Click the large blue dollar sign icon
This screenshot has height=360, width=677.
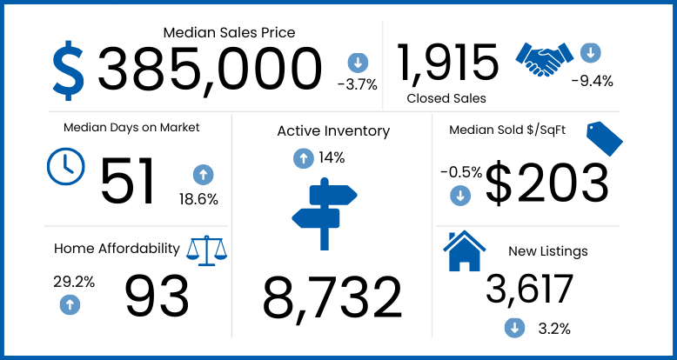pos(69,70)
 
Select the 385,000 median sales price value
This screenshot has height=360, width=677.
pos(210,70)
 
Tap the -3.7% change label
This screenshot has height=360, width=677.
pos(357,84)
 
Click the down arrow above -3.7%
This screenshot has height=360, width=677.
pos(357,63)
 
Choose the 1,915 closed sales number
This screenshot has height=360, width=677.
pos(448,63)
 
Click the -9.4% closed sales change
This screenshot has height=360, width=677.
pos(592,81)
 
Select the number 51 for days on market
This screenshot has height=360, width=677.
pos(128,181)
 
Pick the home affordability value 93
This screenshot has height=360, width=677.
pos(157,297)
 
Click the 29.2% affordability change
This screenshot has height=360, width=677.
pos(74,282)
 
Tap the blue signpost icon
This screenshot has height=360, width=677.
pos(324,214)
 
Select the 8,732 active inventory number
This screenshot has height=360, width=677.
pos(332,297)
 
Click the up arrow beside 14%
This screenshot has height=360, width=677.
pos(303,158)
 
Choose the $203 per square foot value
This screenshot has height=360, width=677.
pos(546,183)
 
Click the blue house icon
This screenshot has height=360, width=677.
pos(465,251)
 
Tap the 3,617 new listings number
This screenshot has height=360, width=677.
pos(530,290)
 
